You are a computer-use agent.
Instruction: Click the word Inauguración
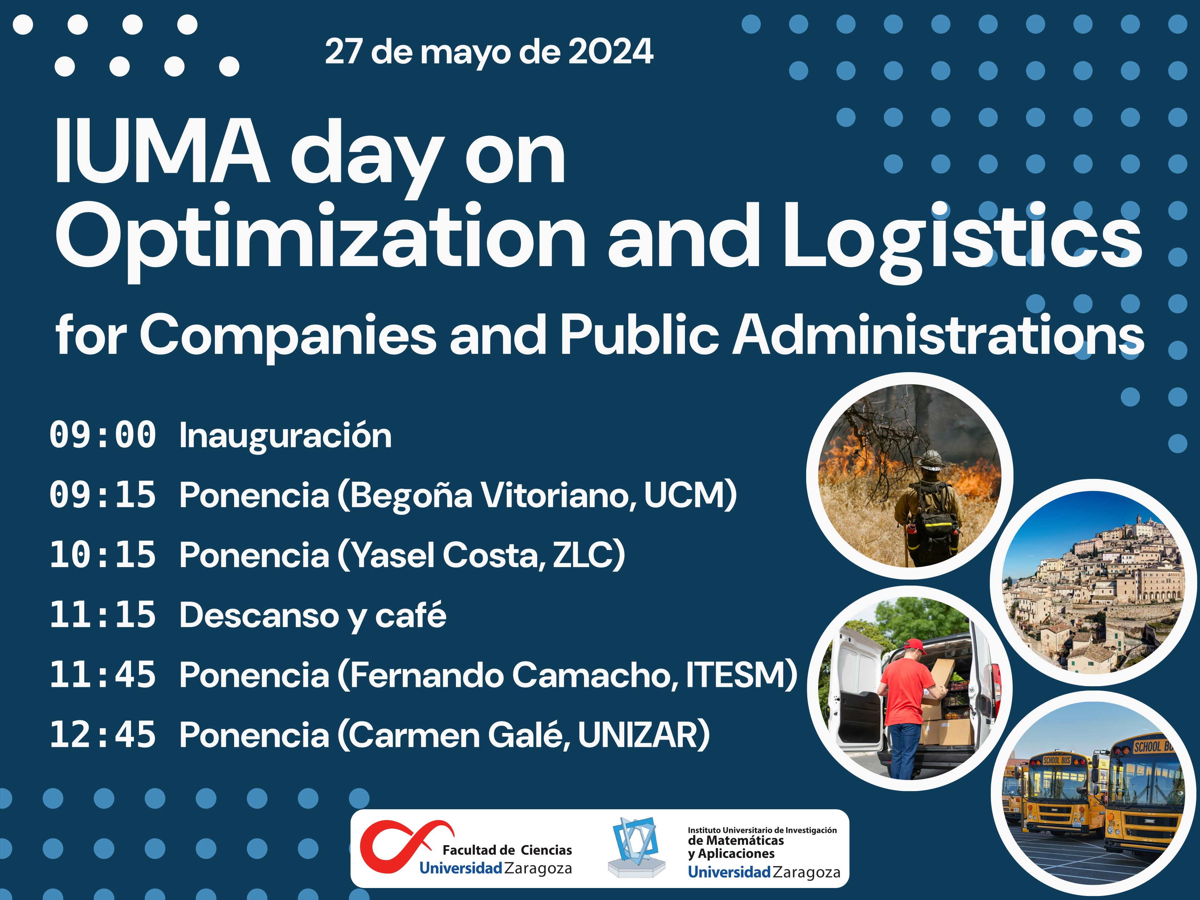point(285,436)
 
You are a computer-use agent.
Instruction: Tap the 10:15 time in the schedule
point(103,555)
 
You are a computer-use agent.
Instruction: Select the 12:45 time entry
point(103,735)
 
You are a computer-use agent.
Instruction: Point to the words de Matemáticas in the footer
point(736,841)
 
